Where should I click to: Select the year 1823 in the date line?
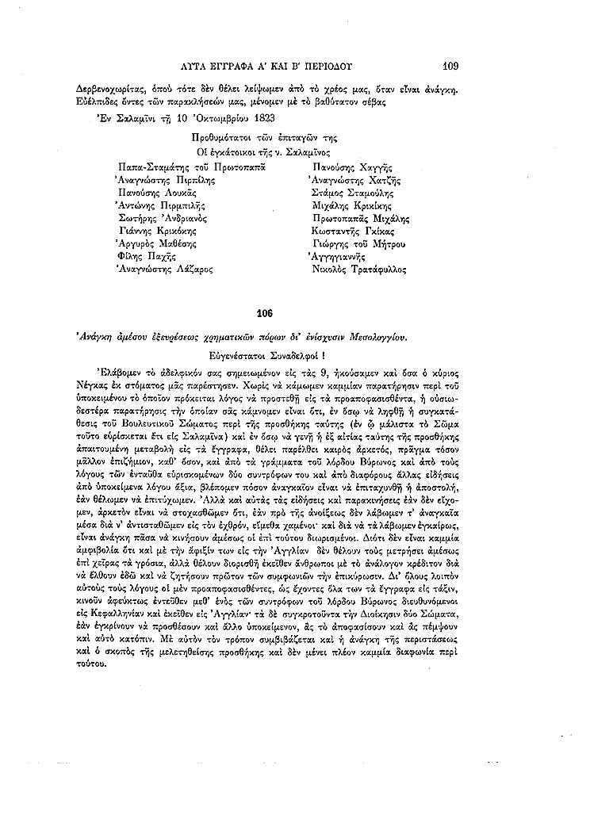click(x=259, y=119)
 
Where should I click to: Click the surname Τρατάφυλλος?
click(x=376, y=269)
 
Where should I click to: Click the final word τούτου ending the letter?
click(x=94, y=666)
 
